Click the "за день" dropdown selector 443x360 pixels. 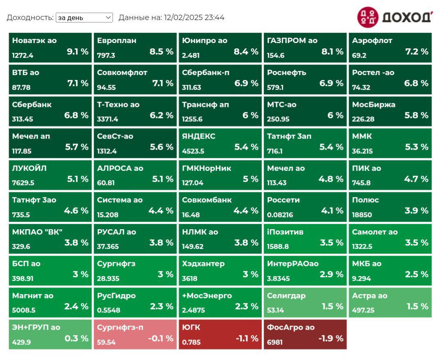click(84, 18)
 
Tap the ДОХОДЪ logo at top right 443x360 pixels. click(395, 17)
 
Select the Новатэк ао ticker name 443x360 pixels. click(34, 41)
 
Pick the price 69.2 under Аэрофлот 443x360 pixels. click(359, 55)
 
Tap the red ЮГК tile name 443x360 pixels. click(191, 328)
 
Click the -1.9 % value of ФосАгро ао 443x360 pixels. click(331, 339)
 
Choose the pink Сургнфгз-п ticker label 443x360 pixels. click(120, 328)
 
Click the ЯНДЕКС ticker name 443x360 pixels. click(199, 136)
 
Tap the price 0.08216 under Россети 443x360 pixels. click(280, 215)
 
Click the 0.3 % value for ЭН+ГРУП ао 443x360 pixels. click(76, 339)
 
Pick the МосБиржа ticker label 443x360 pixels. click(374, 105)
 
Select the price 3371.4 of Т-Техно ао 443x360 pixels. click(107, 119)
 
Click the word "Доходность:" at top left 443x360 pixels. click(30, 18)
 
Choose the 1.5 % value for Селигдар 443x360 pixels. click(332, 307)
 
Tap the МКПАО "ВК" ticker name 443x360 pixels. click(37, 232)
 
